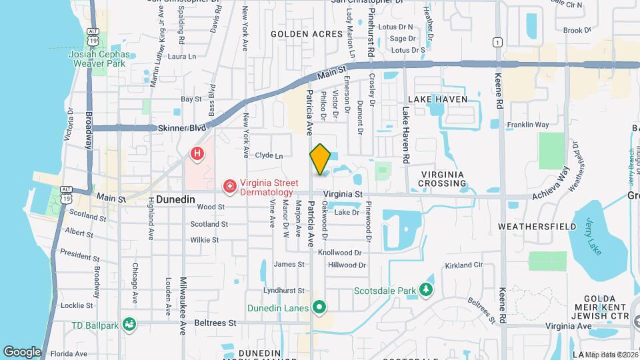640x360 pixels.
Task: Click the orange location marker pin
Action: click(x=320, y=159)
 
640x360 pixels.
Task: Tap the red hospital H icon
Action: click(x=197, y=154)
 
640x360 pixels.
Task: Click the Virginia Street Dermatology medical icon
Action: click(x=229, y=185)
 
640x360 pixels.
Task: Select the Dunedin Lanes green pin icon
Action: click(x=319, y=307)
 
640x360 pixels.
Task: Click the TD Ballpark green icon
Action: click(x=129, y=325)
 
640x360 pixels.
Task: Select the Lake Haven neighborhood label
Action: click(x=436, y=99)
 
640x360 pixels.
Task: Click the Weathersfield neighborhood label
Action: click(x=537, y=227)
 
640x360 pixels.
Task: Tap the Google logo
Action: click(x=22, y=351)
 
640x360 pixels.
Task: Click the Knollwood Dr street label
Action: click(x=339, y=253)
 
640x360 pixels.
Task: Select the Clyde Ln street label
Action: click(x=269, y=156)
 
